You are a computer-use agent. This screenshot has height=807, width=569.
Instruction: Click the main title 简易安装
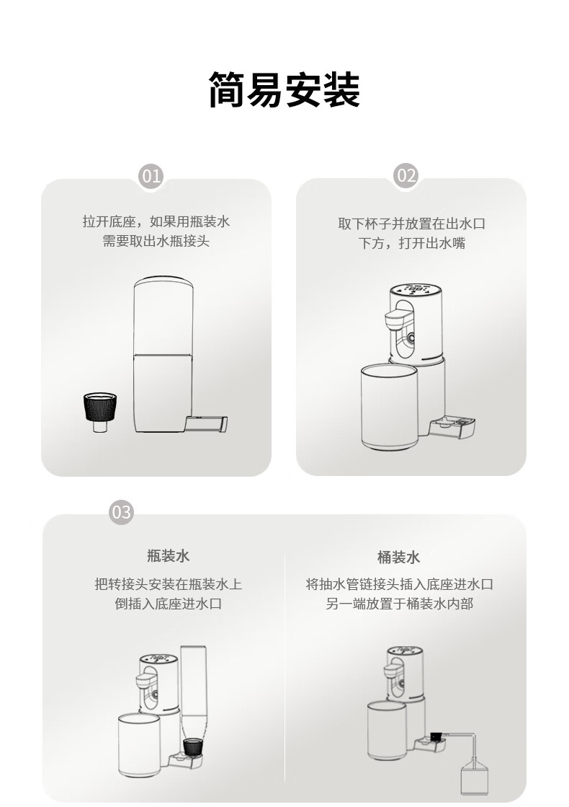point(284,89)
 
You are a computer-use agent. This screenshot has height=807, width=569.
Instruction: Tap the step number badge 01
point(151,177)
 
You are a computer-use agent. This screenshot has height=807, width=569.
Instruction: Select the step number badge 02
point(406,176)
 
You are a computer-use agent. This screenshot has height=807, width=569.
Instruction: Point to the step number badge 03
point(121,512)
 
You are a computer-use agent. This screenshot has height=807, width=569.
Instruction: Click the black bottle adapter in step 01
point(99,412)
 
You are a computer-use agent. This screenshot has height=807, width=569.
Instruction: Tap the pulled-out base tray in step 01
point(205,423)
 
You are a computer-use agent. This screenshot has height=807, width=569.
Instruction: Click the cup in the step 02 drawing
point(389,407)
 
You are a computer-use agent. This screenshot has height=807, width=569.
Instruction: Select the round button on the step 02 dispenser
point(412,338)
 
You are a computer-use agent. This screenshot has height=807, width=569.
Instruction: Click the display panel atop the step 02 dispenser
point(416,289)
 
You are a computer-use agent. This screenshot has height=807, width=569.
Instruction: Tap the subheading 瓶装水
point(168,556)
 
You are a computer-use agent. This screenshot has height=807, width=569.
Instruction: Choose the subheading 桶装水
point(398,557)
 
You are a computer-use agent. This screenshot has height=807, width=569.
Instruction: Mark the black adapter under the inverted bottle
point(192,746)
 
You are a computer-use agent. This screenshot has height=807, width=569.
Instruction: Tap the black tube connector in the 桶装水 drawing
point(437,736)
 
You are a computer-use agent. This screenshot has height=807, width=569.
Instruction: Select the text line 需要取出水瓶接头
point(156,241)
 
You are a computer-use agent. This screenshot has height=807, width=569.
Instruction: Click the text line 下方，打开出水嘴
point(412,242)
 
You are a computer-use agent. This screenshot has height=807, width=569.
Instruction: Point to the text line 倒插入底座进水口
point(168,603)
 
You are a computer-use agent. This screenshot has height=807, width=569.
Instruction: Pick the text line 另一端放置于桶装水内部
point(399,603)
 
